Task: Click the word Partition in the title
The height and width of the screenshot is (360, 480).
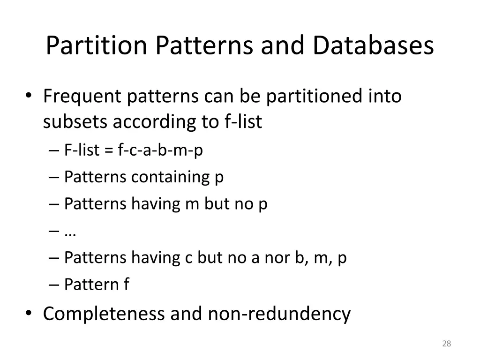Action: point(97,46)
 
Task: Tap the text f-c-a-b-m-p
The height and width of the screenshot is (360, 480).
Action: point(160,150)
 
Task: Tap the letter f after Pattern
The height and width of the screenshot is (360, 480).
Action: point(126,284)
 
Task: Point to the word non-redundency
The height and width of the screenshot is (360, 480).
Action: point(278,314)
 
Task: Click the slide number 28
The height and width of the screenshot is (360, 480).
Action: point(446,344)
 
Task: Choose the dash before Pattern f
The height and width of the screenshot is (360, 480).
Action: point(54,285)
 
